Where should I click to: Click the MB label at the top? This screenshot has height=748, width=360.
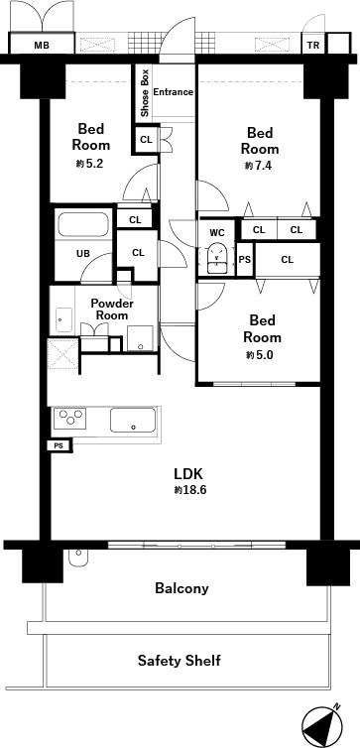coord(42,46)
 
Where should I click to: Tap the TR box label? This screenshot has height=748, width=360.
coord(313,46)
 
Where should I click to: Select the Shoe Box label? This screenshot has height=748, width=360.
coord(145,93)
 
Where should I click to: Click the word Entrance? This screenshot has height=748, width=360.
coord(173,91)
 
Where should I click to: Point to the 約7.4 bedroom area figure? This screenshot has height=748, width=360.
coord(259,166)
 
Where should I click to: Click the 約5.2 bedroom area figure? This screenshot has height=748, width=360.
coord(89,164)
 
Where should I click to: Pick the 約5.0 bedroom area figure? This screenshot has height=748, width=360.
coord(260,355)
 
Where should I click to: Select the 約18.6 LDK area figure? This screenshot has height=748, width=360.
coord(189,489)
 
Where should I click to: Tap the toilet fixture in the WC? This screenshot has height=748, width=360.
coord(217,258)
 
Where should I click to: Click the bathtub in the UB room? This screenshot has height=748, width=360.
coord(83,224)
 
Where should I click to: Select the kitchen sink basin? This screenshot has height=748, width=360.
coord(133,420)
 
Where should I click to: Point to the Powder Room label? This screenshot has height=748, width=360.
coord(112,310)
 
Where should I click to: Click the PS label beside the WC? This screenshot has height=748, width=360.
coord(245,259)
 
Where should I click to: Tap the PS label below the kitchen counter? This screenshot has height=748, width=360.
coord(59,446)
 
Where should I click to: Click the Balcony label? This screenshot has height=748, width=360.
coord(181,588)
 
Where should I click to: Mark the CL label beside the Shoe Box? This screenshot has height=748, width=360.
coord(146,140)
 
